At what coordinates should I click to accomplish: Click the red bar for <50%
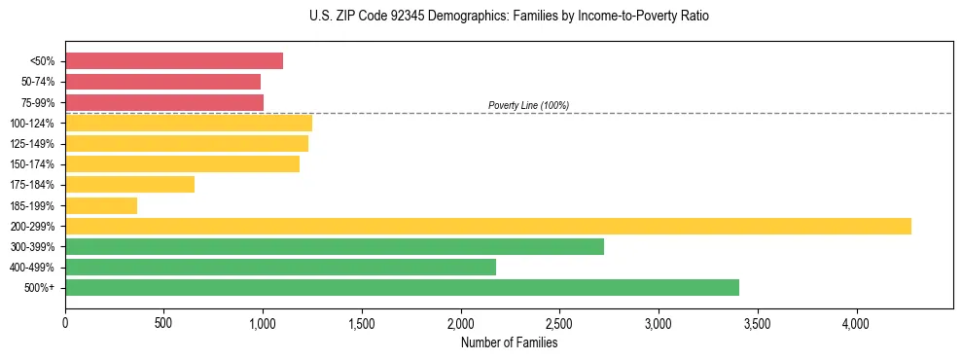[174, 61]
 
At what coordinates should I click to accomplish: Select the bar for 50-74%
[162, 82]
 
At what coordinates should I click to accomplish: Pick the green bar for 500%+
[402, 287]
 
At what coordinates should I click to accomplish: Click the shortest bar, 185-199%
[101, 205]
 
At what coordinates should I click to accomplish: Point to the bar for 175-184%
[129, 185]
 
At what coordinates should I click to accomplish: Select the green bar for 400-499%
[280, 267]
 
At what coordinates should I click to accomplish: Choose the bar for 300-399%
[335, 246]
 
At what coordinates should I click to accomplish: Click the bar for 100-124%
[189, 124]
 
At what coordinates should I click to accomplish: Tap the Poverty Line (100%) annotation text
[528, 105]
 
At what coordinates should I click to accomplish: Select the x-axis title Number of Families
[510, 342]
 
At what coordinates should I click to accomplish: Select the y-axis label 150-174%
[34, 164]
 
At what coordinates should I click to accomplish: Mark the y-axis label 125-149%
[34, 144]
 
